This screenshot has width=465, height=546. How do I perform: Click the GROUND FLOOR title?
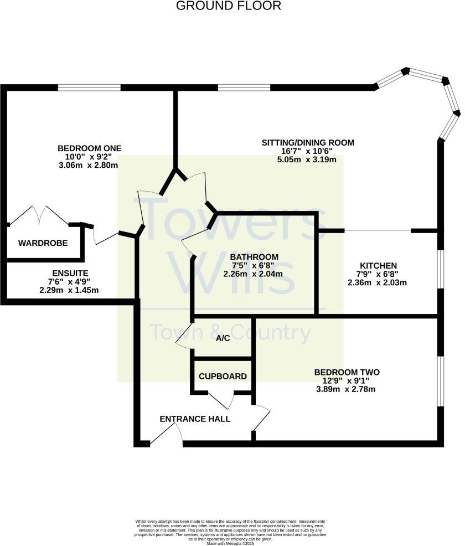229,6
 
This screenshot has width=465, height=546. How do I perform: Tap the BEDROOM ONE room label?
89,148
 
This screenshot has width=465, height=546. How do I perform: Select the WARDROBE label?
43,243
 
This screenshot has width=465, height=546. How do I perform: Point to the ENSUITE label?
70,273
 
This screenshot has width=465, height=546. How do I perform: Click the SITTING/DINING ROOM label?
308,142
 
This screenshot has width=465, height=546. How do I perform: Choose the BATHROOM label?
254,257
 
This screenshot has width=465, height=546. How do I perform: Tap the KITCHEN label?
378,265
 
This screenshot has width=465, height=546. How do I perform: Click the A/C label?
223,338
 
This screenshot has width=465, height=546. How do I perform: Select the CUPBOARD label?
223,377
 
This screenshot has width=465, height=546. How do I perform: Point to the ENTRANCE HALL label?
195,419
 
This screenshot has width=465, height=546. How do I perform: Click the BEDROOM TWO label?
347,372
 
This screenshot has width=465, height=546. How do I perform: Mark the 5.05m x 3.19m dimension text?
308,159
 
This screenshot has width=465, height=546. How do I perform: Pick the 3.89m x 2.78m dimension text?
346,389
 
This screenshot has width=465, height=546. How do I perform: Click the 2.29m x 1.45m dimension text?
69,290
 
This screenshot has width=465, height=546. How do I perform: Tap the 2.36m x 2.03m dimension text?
377,282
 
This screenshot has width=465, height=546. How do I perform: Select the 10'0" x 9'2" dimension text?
89,157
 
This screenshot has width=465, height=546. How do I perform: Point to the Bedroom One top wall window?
89,87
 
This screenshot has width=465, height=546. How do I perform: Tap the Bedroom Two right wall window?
441,381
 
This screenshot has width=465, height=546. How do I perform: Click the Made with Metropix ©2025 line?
230,544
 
